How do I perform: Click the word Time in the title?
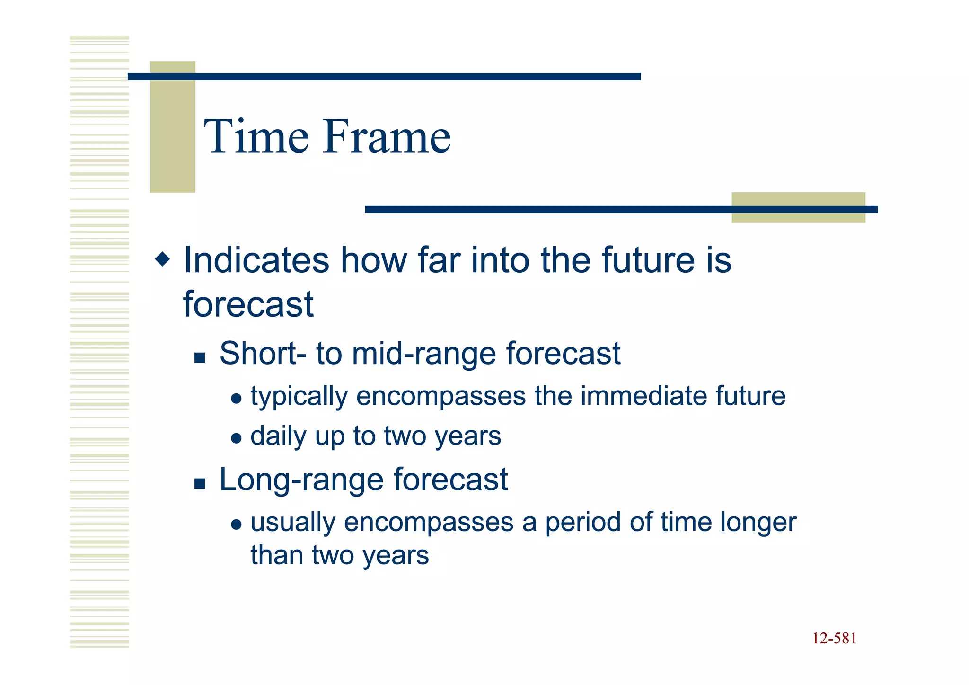tap(256, 137)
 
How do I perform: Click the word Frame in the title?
tap(387, 137)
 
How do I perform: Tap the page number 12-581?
tap(834, 639)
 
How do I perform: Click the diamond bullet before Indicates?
tap(162, 259)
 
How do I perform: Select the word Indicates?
tap(256, 260)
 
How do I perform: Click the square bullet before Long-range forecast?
tap(200, 484)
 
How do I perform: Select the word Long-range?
tap(301, 480)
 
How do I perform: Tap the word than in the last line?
tap(276, 555)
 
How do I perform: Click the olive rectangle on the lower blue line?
tap(798, 208)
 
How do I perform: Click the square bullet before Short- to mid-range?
tap(200, 358)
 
